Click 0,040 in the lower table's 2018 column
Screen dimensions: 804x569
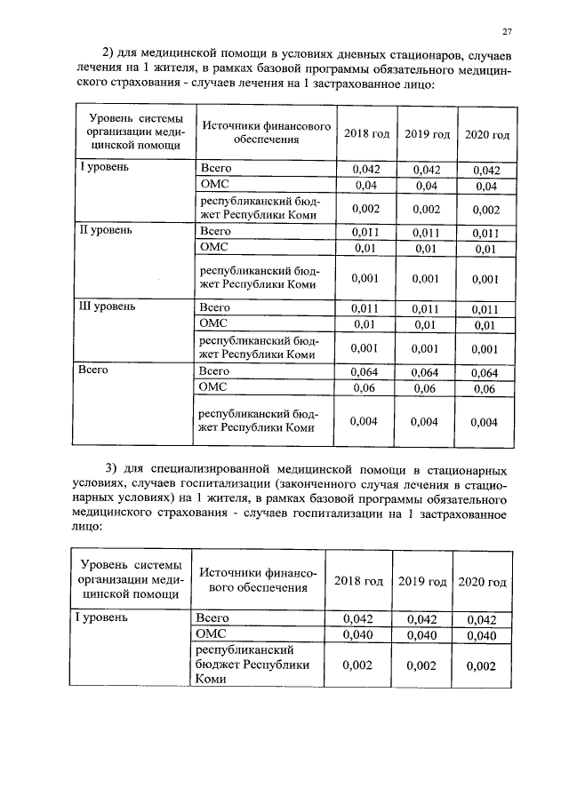(358, 635)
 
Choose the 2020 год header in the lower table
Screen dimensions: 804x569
(482, 582)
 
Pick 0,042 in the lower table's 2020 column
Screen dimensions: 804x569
(482, 619)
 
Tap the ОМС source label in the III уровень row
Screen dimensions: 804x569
(215, 323)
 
